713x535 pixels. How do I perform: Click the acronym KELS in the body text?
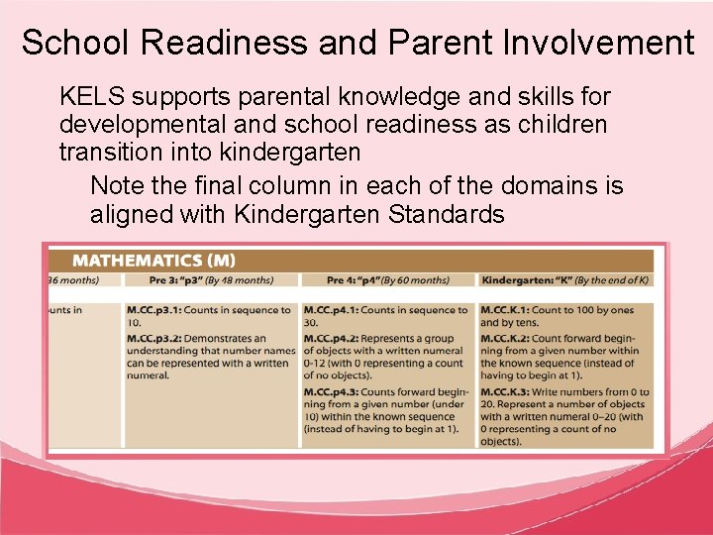pyautogui.click(x=92, y=97)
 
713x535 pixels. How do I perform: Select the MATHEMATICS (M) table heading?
pyautogui.click(x=154, y=261)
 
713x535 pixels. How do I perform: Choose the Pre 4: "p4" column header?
pyautogui.click(x=343, y=280)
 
